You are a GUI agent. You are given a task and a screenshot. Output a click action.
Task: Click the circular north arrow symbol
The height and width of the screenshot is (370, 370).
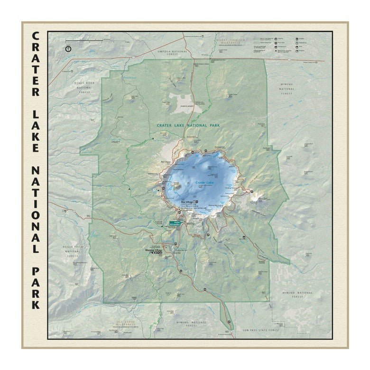coord(68,48)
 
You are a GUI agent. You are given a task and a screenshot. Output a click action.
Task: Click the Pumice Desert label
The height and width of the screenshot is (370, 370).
coord(186,106)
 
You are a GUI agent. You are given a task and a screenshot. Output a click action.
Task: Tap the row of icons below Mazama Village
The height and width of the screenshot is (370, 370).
coord(155,253)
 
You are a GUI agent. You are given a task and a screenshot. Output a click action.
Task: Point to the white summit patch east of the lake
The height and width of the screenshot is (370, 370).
coord(259,197)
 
